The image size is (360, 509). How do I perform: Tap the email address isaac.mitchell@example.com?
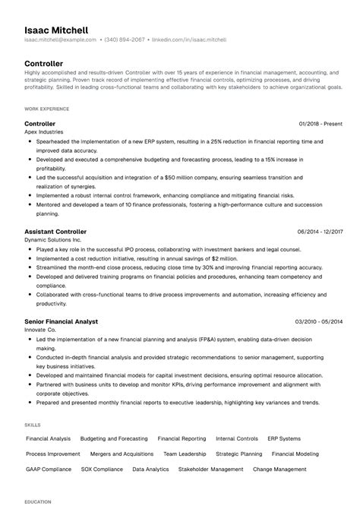point(60,39)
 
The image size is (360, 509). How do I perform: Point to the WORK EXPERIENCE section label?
point(46,109)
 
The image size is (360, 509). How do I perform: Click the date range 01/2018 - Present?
point(321,124)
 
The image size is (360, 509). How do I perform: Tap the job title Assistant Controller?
point(55,232)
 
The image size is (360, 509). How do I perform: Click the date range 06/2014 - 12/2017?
point(321,232)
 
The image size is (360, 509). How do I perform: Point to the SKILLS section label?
point(33,424)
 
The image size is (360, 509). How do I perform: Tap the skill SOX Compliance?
point(102,469)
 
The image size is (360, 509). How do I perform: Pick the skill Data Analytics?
point(150,469)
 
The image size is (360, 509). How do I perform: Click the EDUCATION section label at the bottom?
point(37,502)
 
